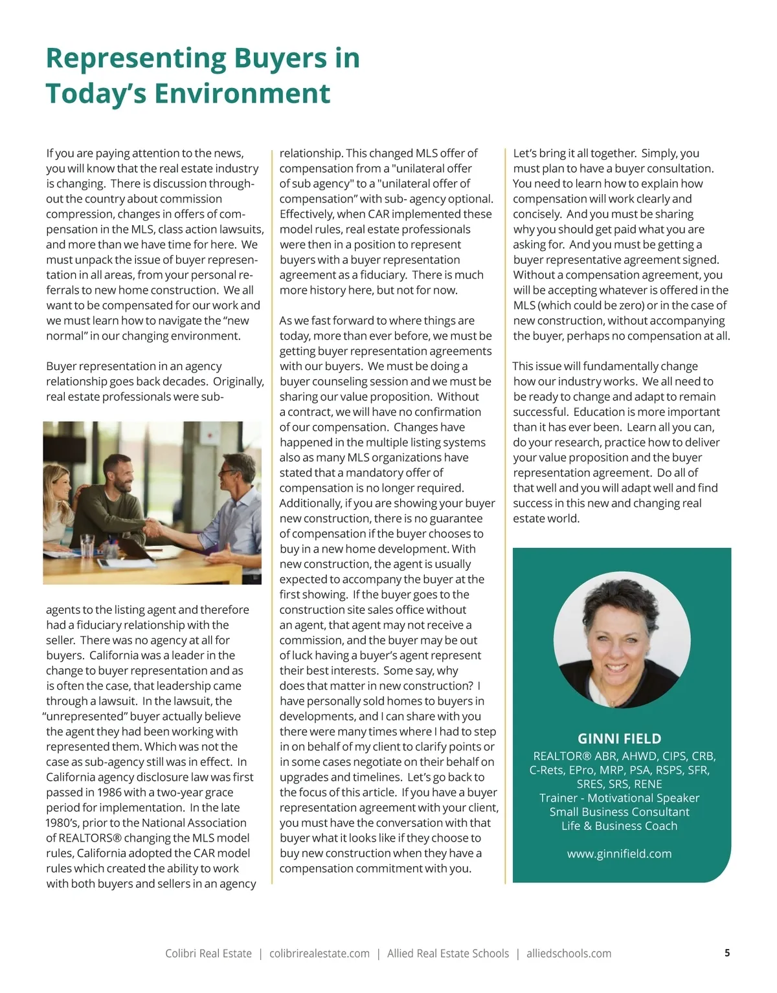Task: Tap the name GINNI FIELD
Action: coord(619,739)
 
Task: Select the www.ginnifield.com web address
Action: coord(619,854)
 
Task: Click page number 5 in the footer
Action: coord(727,953)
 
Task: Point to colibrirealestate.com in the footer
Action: coord(319,954)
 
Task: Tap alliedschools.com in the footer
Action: coord(569,954)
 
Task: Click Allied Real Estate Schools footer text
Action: coord(448,954)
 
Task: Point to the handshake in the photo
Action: coord(154,527)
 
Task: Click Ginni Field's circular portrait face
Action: coord(622,640)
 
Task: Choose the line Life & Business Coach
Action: coord(619,826)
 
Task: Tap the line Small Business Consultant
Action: coord(619,812)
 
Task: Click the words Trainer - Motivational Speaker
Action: coord(619,798)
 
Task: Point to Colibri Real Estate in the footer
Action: coord(208,954)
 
